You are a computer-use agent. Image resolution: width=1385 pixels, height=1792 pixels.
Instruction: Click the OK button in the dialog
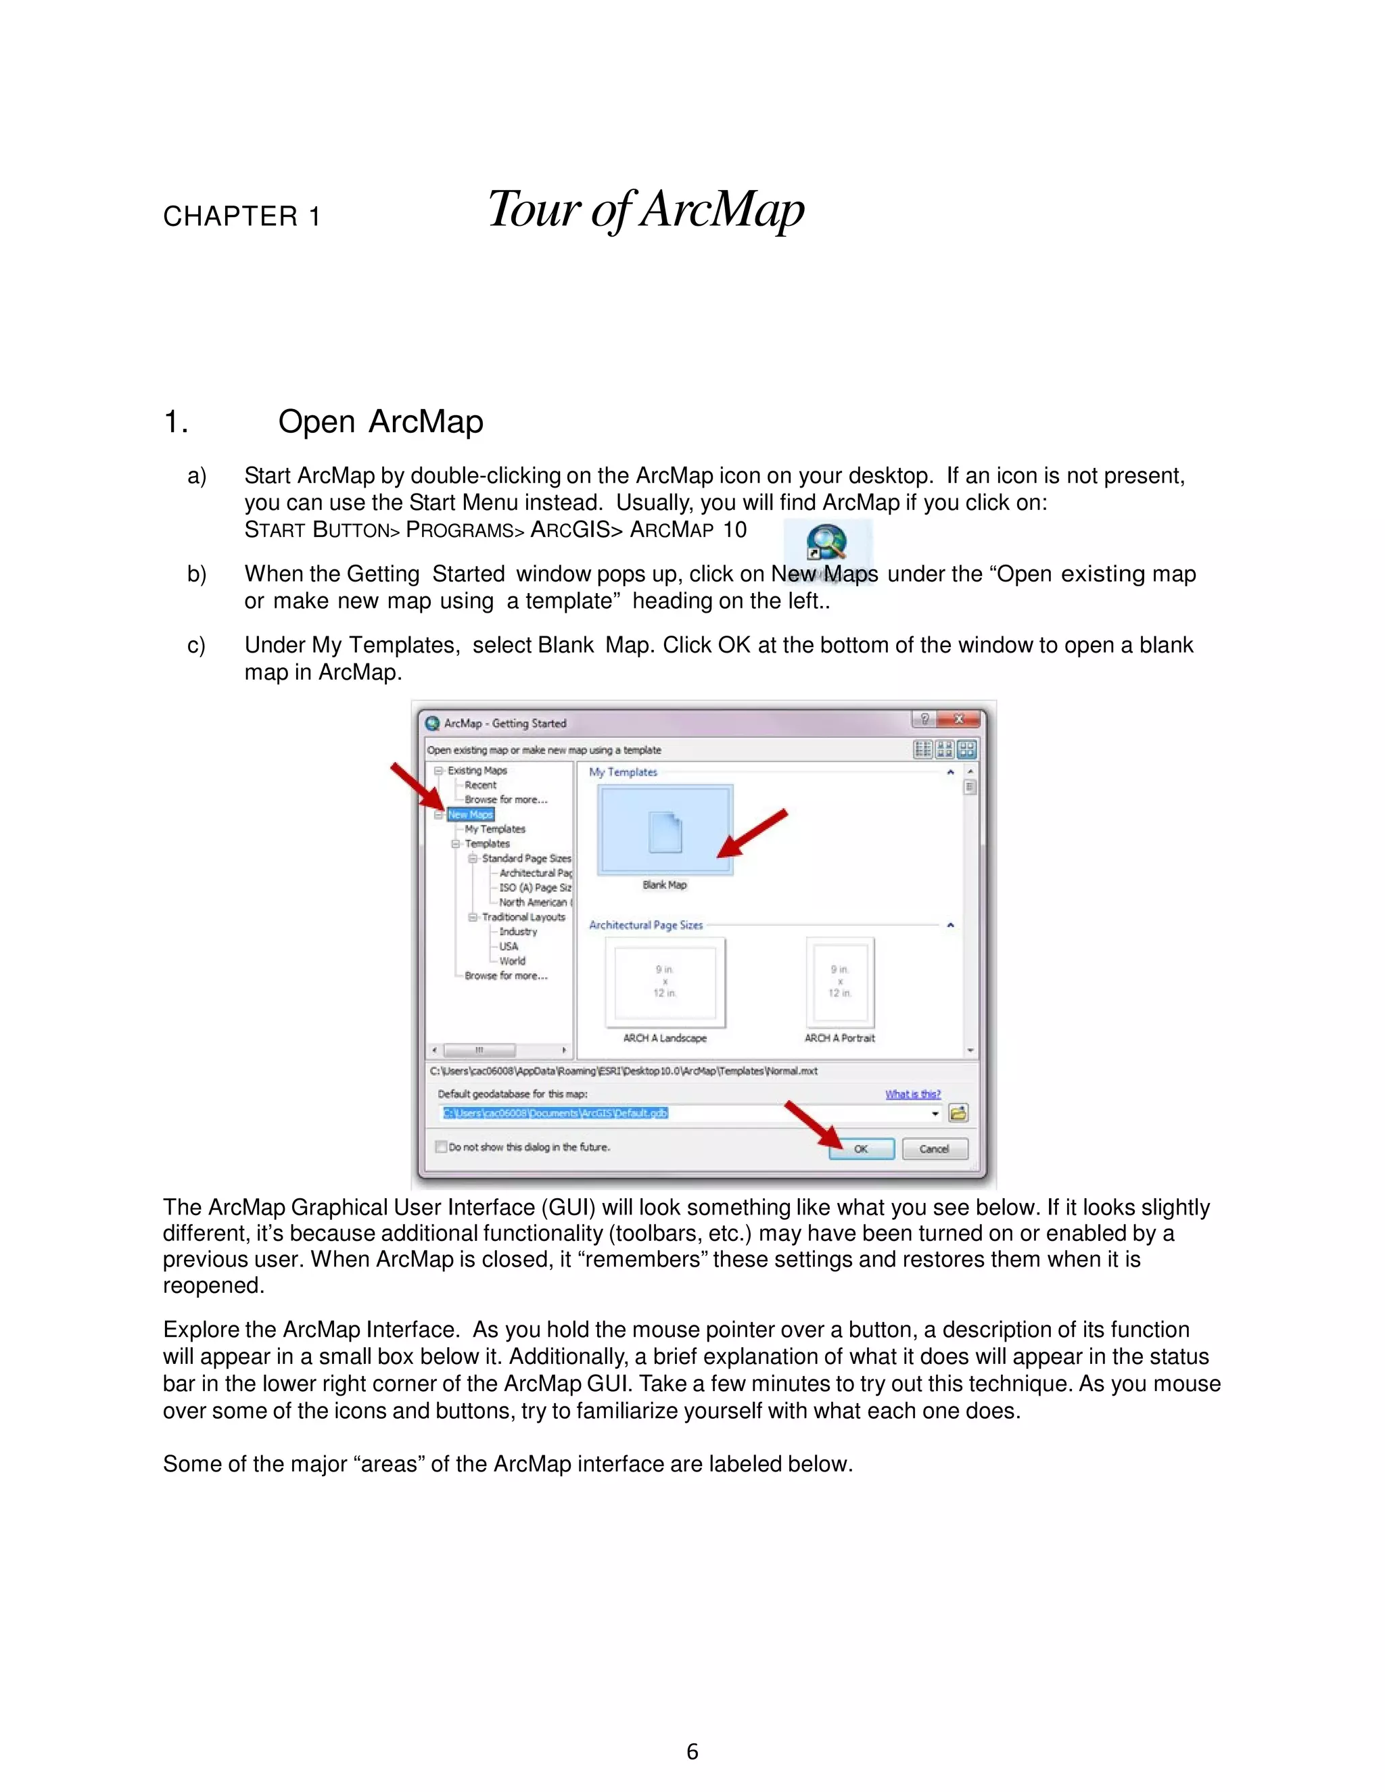[x=861, y=1149]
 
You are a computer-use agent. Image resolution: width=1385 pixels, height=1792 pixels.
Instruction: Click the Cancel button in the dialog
[x=934, y=1149]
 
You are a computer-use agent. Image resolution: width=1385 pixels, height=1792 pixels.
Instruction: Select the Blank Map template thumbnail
[x=665, y=830]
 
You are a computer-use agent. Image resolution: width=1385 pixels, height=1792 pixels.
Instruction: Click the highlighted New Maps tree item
[x=470, y=815]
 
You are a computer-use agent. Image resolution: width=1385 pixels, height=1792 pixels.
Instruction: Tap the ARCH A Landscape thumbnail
[x=665, y=982]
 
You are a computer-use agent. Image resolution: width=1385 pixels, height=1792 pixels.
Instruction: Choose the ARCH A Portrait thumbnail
[x=840, y=982]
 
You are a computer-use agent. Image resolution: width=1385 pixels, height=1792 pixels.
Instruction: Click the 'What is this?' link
[x=912, y=1093]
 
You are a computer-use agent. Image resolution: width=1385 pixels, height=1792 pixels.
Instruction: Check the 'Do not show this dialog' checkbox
[x=442, y=1147]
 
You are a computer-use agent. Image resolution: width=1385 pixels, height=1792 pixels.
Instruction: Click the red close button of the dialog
[x=958, y=720]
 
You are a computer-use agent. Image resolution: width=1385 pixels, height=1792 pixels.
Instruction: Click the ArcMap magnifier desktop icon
[x=826, y=543]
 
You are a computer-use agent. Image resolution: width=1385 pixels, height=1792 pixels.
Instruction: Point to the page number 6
[x=692, y=1752]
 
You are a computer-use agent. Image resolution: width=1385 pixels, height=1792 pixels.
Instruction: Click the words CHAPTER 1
[x=241, y=216]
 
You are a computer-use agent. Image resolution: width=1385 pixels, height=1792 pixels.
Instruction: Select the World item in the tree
[x=512, y=961]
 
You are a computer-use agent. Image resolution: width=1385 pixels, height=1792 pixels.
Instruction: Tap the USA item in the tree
[x=509, y=946]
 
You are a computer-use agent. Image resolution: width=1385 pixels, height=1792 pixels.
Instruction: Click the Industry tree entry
[x=518, y=931]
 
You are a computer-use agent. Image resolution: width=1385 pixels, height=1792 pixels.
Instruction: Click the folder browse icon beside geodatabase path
[x=958, y=1114]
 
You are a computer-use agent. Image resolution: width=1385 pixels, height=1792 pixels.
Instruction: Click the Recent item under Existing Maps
[x=480, y=785]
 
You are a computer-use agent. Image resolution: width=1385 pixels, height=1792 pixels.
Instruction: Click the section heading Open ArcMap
[x=380, y=422]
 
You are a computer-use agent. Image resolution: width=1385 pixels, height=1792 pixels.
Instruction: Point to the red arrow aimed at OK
[x=812, y=1123]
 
